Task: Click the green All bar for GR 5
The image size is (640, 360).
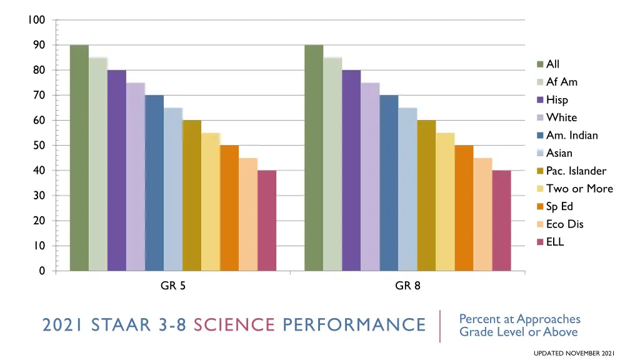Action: (79, 158)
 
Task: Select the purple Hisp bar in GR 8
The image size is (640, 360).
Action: (351, 171)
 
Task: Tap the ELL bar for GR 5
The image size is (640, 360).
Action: (267, 221)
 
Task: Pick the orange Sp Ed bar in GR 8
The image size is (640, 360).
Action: (464, 208)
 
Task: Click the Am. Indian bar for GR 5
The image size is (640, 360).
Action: (154, 183)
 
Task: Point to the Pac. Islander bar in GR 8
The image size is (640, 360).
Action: (426, 196)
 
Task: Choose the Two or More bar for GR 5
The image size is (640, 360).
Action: (211, 202)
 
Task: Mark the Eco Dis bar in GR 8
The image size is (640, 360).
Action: (482, 214)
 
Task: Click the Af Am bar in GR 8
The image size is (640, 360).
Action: (332, 164)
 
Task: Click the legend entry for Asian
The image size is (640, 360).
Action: (559, 153)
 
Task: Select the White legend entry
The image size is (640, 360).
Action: (561, 117)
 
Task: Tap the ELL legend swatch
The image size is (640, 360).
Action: (541, 242)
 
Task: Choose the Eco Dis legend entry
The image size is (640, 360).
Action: (564, 224)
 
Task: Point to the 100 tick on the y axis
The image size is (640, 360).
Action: (37, 20)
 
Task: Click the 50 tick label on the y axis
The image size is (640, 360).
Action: (39, 146)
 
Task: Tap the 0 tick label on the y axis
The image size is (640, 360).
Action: (42, 271)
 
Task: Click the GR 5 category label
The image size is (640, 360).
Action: (173, 286)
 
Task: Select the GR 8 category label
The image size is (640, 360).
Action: (407, 286)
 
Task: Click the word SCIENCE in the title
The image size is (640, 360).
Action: (234, 325)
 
